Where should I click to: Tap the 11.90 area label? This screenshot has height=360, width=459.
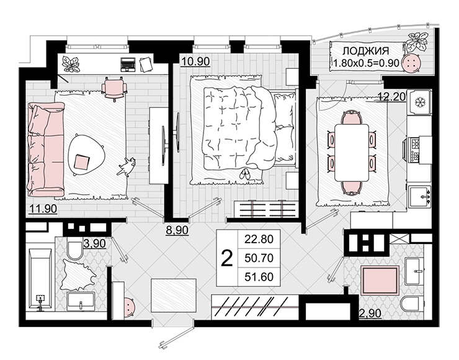point(43,209)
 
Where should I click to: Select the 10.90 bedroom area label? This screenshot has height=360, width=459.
point(195,61)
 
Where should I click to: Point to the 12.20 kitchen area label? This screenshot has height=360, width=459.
point(391,96)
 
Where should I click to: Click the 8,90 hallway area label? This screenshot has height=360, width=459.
point(177,230)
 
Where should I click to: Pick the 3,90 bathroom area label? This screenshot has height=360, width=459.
point(94,243)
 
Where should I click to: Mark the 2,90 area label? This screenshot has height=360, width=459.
point(370,313)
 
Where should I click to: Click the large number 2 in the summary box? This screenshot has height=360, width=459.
point(227,258)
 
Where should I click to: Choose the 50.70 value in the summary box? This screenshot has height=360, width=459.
point(259,258)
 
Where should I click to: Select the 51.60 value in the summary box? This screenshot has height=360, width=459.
point(259,277)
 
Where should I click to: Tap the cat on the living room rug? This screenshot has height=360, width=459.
point(127,167)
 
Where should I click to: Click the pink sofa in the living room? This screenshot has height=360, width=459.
point(46,150)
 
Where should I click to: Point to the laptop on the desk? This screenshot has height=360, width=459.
point(128,64)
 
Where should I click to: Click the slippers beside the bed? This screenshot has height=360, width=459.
point(245,174)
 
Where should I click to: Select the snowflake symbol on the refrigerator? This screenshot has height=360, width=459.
point(421,102)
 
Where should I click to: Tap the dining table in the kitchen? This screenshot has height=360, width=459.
point(352,152)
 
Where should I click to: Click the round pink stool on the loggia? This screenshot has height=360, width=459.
point(412,63)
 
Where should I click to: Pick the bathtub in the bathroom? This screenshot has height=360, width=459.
point(40,280)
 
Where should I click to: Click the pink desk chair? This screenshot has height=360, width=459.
point(114,88)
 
